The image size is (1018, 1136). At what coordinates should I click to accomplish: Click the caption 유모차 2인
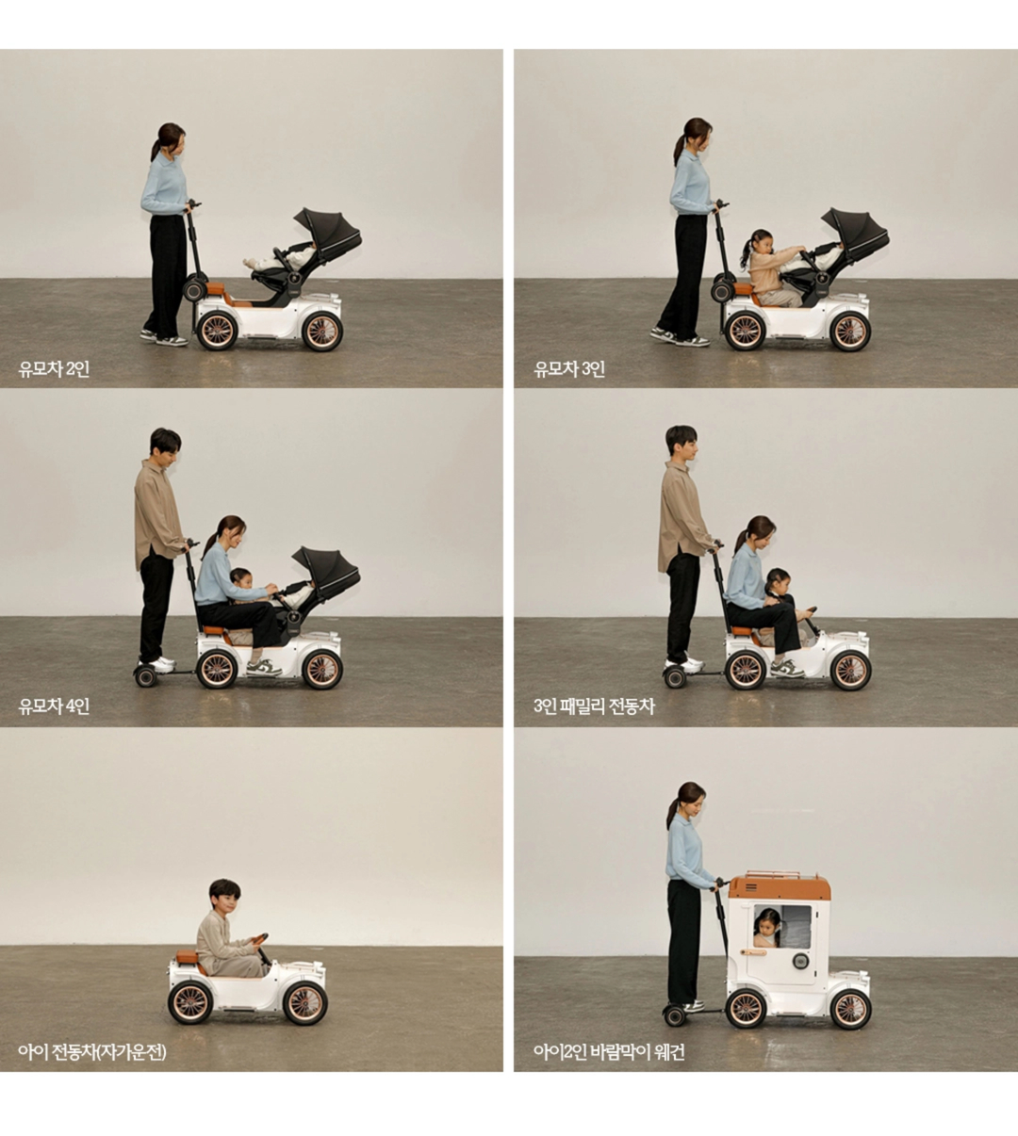[54, 369]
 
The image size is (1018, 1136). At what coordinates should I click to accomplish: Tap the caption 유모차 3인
[569, 369]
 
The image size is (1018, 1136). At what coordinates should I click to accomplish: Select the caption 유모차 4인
[54, 706]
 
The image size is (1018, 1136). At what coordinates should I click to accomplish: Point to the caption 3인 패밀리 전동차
[594, 706]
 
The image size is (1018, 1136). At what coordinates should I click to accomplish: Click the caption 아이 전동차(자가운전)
[92, 1052]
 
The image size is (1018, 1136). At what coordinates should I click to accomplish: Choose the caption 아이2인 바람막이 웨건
[609, 1052]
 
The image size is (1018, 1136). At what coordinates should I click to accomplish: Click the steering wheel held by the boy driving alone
[259, 938]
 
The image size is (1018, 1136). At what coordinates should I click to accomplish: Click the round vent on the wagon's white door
[799, 961]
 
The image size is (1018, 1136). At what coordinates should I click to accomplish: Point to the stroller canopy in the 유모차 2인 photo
[329, 231]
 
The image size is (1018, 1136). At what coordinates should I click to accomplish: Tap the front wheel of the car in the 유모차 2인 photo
[322, 332]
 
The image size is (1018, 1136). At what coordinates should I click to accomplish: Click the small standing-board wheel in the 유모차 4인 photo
[145, 676]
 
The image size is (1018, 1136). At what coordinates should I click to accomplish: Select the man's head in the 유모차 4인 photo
[166, 445]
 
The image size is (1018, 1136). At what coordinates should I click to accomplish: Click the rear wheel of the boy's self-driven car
[190, 1002]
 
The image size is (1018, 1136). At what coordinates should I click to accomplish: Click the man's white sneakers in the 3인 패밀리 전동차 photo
[684, 664]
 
